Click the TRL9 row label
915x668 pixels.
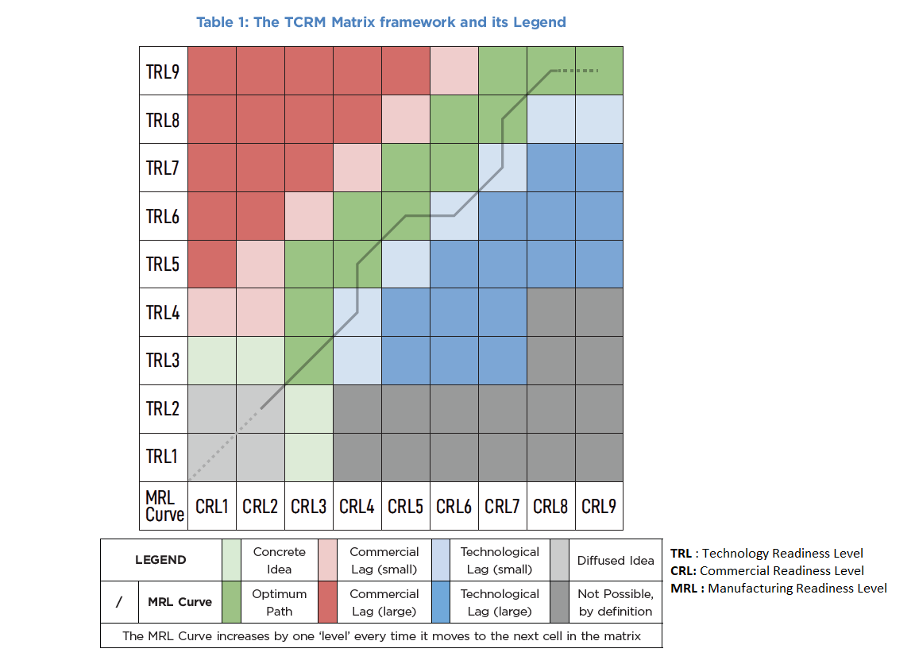click(163, 71)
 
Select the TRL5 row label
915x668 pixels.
click(163, 264)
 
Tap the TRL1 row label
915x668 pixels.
click(163, 457)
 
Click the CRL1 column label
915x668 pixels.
click(212, 506)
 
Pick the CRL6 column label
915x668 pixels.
click(454, 506)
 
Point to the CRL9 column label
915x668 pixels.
click(599, 506)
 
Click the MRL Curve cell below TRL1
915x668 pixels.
click(164, 506)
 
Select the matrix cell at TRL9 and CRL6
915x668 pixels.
click(454, 71)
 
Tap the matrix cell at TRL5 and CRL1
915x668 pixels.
click(212, 264)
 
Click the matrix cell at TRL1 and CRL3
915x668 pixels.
click(309, 457)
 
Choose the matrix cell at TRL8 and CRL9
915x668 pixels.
click(599, 119)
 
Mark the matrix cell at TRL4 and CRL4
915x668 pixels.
click(357, 312)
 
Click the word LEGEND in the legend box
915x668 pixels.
click(160, 560)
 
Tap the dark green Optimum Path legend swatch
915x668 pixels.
click(232, 602)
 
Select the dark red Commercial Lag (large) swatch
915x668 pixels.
click(328, 602)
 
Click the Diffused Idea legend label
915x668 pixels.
click(616, 560)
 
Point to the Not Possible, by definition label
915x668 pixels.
click(616, 602)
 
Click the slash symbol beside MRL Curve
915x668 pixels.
click(118, 602)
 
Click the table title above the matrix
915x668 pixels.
click(381, 22)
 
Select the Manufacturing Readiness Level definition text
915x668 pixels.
click(778, 589)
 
